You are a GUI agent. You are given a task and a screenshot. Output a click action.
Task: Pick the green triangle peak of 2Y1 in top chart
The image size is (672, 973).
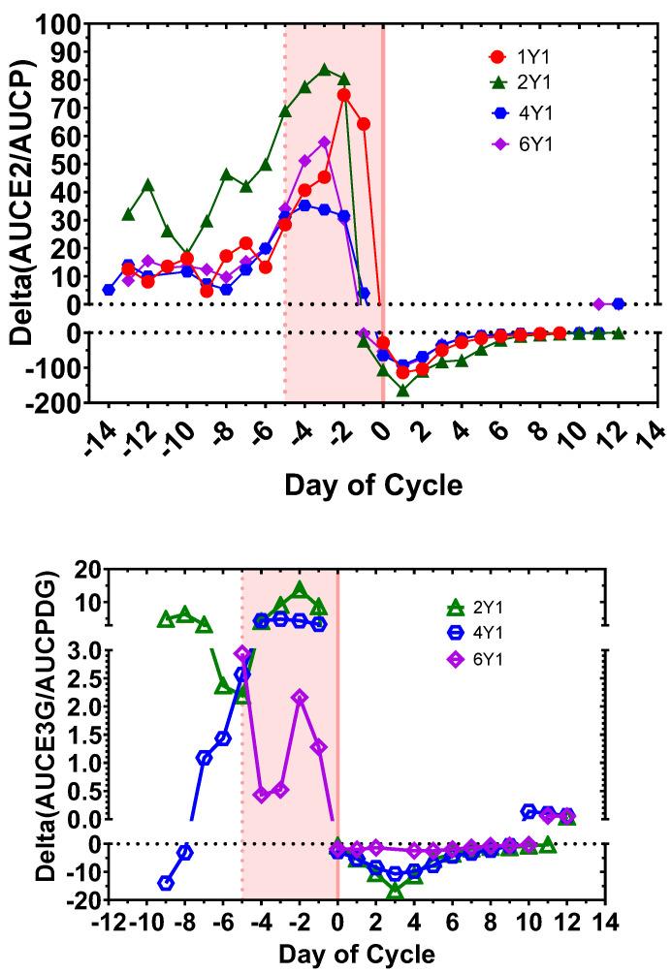[x=325, y=70]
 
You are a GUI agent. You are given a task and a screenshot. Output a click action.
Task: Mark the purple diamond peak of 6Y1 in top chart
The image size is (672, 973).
[x=324, y=142]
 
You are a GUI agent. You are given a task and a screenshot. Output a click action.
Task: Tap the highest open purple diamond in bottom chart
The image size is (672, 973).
[x=242, y=653]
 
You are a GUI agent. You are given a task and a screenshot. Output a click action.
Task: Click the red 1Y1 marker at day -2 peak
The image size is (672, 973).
[x=344, y=95]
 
